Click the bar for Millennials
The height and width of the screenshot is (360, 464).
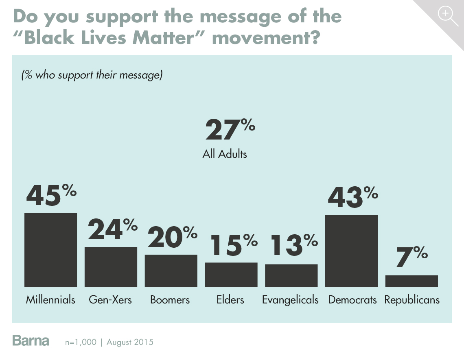pyautogui.click(x=50, y=250)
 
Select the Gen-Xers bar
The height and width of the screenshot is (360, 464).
pyautogui.click(x=111, y=267)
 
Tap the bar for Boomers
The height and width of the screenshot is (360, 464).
pyautogui.click(x=171, y=271)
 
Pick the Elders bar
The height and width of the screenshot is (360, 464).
pyautogui.click(x=231, y=275)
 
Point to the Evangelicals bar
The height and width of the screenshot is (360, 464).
pyautogui.click(x=291, y=275)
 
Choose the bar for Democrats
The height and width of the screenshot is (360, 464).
pyautogui.click(x=351, y=251)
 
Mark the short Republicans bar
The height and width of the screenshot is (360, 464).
pyautogui.click(x=411, y=281)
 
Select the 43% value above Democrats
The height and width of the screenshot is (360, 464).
pyautogui.click(x=352, y=196)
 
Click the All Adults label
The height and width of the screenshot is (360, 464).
pyautogui.click(x=225, y=154)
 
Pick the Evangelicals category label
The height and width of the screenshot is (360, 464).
pyautogui.click(x=290, y=300)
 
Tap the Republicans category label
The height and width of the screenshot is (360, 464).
pyautogui.click(x=412, y=300)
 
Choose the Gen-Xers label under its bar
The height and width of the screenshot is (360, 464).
pyautogui.click(x=110, y=300)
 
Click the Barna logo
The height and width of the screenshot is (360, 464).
pyautogui.click(x=31, y=340)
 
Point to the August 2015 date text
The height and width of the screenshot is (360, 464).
pyautogui.click(x=130, y=342)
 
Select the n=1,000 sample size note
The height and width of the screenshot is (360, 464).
pyautogui.click(x=81, y=342)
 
